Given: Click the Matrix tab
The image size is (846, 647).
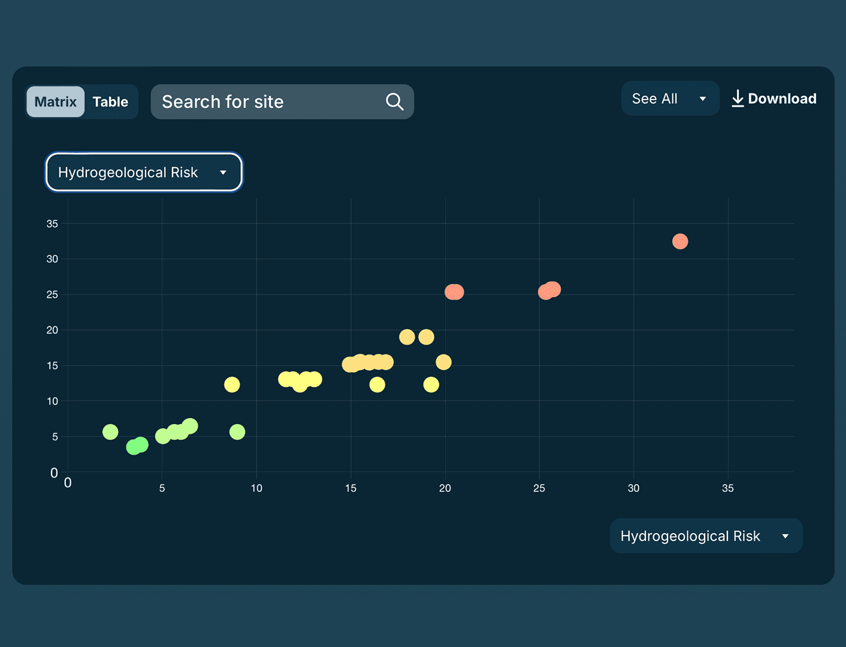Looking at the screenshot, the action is [x=56, y=102].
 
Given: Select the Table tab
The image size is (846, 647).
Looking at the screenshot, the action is [x=110, y=102].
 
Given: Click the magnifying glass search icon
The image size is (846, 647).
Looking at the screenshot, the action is [x=395, y=102].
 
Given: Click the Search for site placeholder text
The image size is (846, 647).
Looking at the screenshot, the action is [x=223, y=102].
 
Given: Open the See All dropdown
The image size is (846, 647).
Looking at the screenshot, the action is [x=670, y=99].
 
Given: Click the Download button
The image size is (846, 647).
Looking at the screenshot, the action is [x=774, y=99].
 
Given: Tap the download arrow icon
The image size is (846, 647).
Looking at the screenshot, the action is [x=738, y=99].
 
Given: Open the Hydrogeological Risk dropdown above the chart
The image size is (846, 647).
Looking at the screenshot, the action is [x=144, y=173].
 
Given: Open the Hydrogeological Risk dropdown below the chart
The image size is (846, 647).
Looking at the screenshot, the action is [x=706, y=536].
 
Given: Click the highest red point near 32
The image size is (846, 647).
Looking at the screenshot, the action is [x=680, y=241].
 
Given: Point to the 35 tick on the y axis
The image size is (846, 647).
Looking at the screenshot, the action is [x=52, y=224].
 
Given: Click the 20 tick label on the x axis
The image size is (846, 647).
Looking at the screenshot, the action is [x=445, y=488].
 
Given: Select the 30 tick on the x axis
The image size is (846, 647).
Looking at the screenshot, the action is [x=634, y=488].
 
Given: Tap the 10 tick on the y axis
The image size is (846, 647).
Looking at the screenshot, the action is [x=52, y=401].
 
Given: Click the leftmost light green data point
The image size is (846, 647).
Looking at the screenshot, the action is [x=110, y=432].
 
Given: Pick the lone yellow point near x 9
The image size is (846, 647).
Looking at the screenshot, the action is [x=232, y=385].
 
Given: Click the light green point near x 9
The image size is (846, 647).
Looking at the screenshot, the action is [x=237, y=432].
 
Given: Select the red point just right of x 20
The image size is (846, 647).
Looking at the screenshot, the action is [x=454, y=292].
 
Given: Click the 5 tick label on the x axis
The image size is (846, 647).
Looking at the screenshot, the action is [x=162, y=488].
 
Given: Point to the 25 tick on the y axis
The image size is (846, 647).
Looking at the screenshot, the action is [x=52, y=295].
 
